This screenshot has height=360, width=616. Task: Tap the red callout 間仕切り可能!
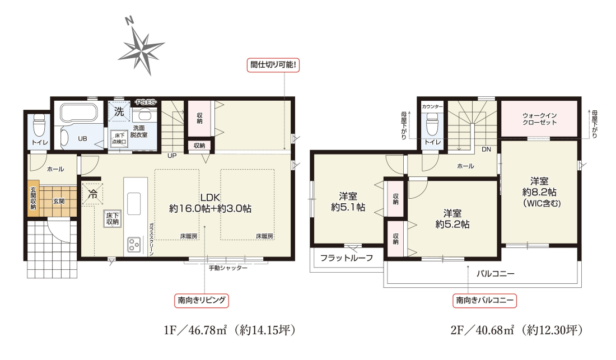(273, 65)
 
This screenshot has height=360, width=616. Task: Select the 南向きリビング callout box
(202, 300)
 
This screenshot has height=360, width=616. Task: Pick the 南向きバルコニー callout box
(485, 300)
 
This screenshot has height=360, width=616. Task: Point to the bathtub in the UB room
(79, 113)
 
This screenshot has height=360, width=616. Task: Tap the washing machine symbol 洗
(119, 112)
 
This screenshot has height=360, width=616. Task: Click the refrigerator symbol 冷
(93, 194)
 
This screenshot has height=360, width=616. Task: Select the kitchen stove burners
(134, 244)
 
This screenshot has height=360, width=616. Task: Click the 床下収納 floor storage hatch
(113, 219)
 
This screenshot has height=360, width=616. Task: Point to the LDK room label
(210, 203)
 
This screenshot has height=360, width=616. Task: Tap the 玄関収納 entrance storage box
(34, 198)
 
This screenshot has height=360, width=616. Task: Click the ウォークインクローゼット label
(539, 119)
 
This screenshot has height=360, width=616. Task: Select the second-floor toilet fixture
(432, 124)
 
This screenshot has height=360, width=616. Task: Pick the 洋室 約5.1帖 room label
(348, 202)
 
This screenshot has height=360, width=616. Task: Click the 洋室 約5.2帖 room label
(452, 219)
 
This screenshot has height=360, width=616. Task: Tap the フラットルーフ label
(347, 258)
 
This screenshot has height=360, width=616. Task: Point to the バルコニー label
(496, 274)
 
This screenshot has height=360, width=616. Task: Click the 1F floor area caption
(230, 330)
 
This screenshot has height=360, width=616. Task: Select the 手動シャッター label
(228, 268)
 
